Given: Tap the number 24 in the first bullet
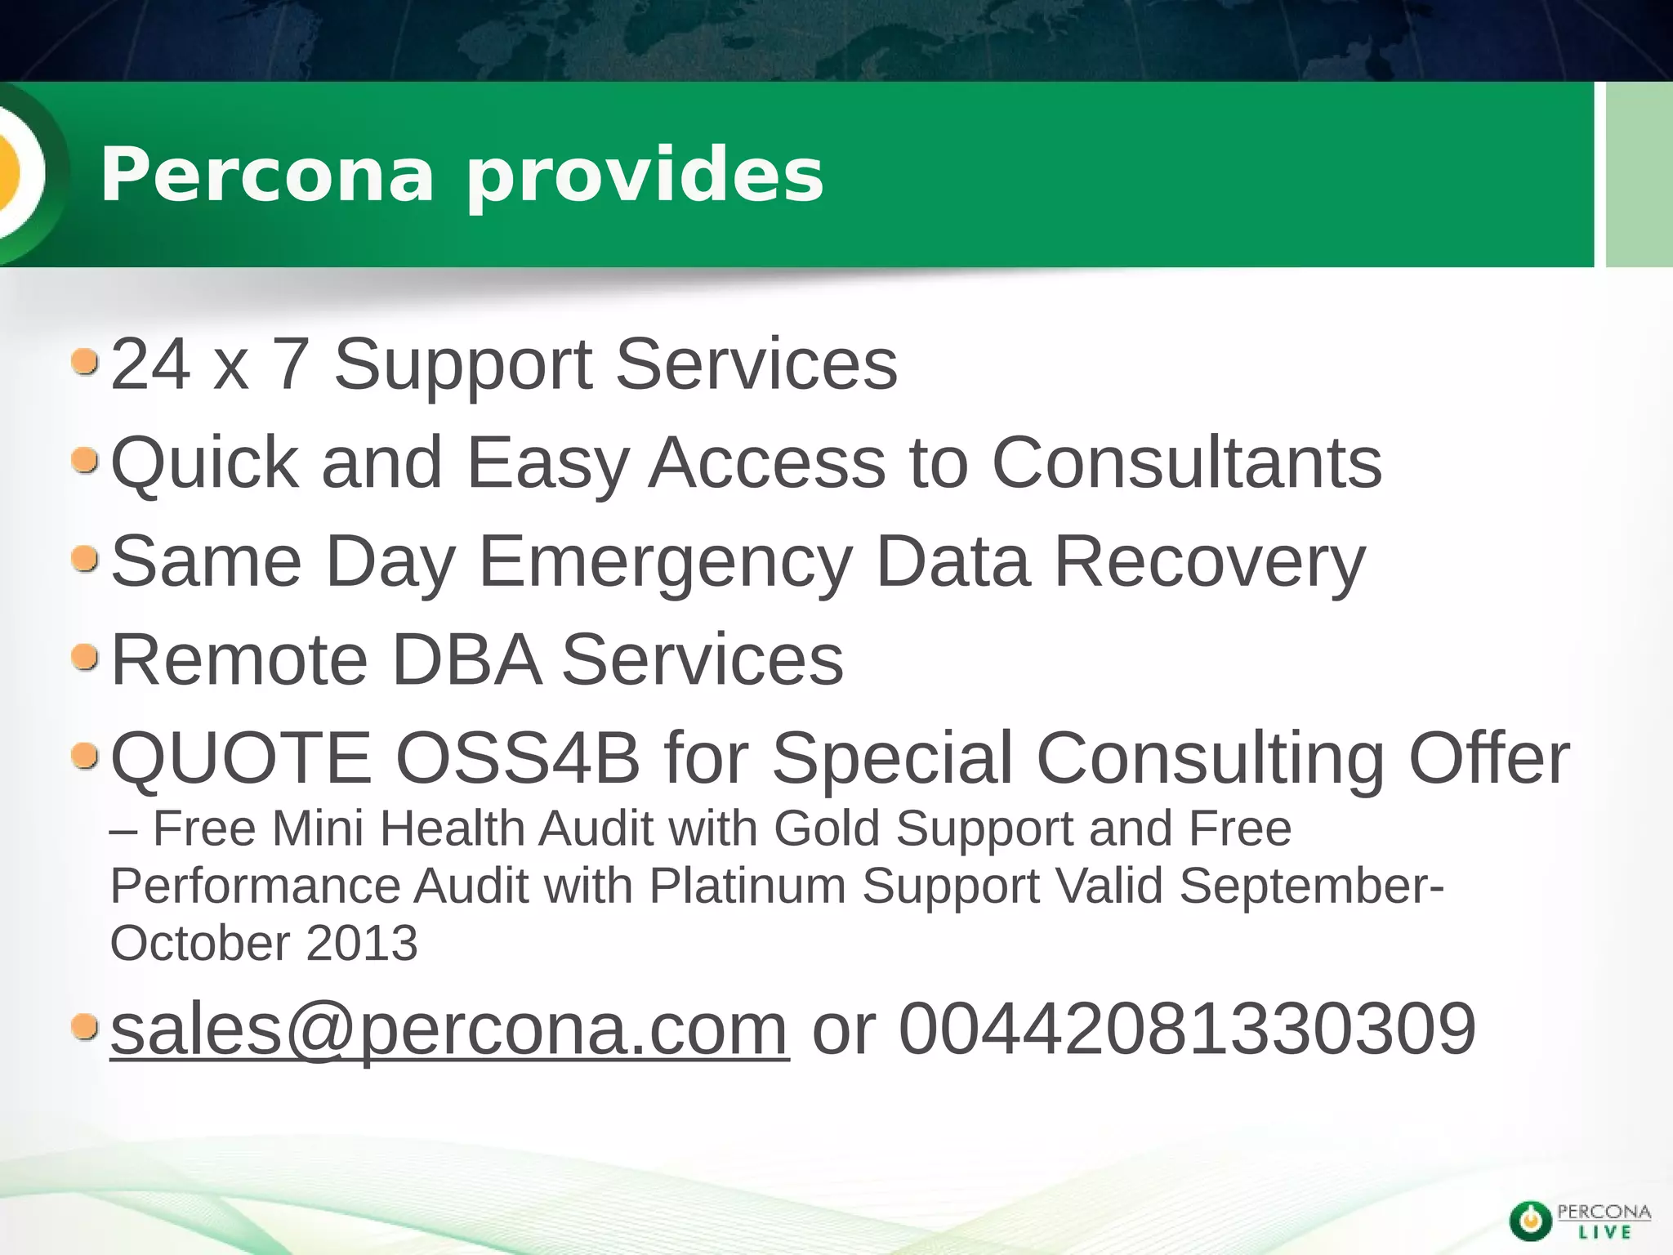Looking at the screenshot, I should click(151, 364).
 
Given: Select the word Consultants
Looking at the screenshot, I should click(1186, 463).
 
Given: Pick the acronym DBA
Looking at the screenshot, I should click(466, 660).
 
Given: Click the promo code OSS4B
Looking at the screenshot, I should click(517, 758).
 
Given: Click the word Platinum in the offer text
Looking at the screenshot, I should click(747, 886).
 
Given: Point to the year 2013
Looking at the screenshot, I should click(361, 943).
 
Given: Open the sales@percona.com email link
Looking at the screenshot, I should click(449, 1029).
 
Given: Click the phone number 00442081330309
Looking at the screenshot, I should click(1187, 1029).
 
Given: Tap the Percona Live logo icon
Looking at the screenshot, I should click(1531, 1221).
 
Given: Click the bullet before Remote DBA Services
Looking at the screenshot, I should click(85, 657).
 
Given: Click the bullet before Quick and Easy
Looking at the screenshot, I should click(85, 461).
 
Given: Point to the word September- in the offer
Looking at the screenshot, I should click(1312, 886).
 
